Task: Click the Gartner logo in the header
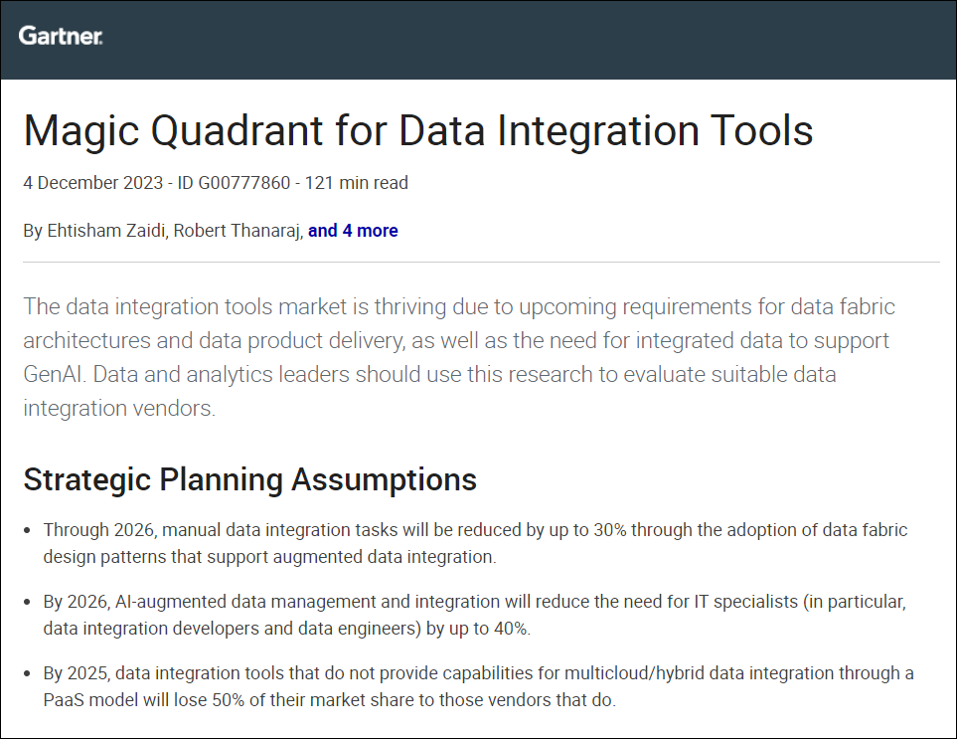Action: pos(61,36)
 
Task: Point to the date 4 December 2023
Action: pos(92,183)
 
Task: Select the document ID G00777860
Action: pos(234,183)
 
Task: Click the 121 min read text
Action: pos(357,183)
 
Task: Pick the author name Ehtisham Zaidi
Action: pos(106,230)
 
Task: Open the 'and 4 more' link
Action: pos(353,230)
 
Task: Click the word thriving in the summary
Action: pos(409,306)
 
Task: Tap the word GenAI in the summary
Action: pos(52,374)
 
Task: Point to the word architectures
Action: pos(86,340)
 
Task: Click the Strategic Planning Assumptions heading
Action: pos(249,479)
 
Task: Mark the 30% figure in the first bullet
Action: pos(610,529)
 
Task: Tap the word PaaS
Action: pos(64,699)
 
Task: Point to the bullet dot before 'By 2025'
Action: pos(27,673)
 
